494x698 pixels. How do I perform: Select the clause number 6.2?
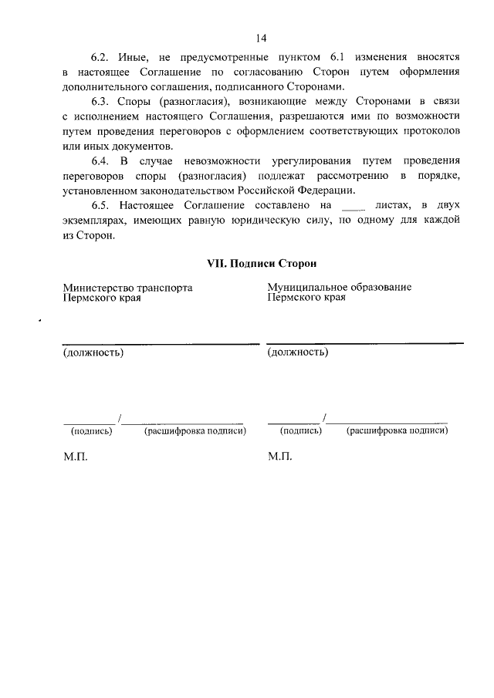tap(101, 58)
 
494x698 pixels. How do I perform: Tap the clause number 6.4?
tap(101, 160)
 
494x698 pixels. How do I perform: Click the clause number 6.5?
tap(101, 204)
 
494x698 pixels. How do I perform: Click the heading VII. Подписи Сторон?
tap(262, 263)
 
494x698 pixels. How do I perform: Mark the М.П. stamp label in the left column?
tap(76, 457)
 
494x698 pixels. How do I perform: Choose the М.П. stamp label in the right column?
tap(280, 457)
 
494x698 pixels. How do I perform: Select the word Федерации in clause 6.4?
tap(328, 190)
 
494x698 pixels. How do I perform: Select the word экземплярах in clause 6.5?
tap(96, 220)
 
